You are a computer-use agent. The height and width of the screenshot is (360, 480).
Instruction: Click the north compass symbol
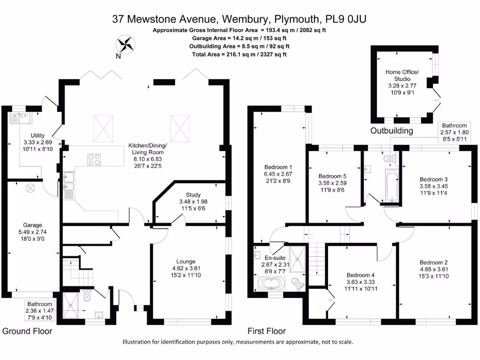click(125, 45)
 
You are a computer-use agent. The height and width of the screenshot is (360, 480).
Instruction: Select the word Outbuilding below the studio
click(392, 131)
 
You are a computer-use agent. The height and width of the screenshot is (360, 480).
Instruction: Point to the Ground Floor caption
click(27, 331)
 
